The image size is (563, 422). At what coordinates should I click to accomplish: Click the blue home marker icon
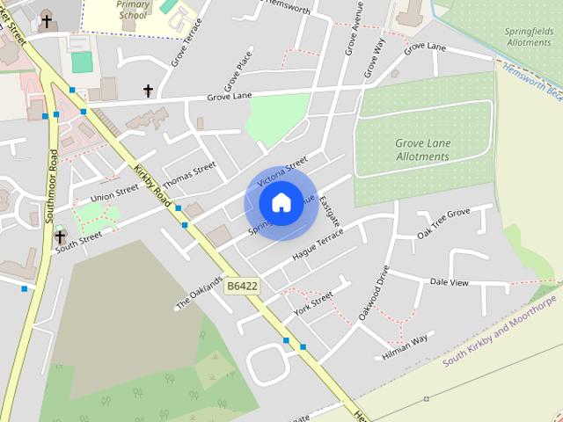(x=281, y=203)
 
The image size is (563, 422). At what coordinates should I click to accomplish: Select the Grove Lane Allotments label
(x=422, y=149)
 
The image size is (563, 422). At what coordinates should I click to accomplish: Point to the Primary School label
(x=133, y=10)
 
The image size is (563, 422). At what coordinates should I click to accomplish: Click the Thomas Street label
(x=189, y=175)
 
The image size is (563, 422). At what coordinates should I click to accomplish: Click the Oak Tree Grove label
(x=444, y=224)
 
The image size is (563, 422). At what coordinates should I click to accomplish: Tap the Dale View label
(x=449, y=282)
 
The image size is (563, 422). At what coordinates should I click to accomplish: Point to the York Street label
(x=314, y=304)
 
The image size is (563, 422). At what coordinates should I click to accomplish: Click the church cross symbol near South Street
(x=60, y=234)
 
